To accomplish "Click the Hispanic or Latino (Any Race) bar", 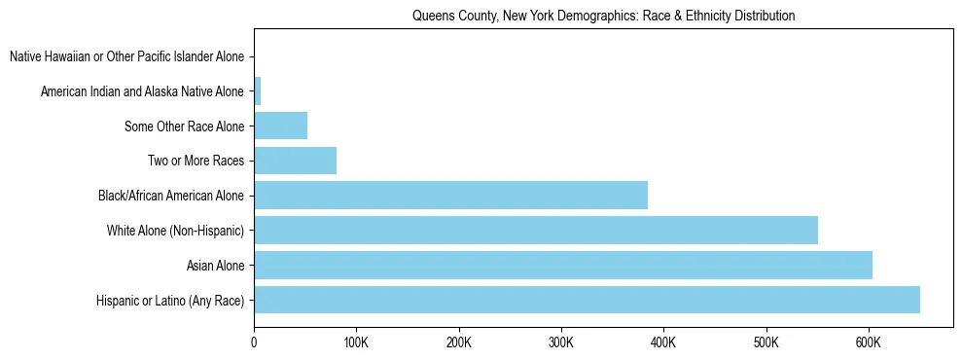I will point(587,300).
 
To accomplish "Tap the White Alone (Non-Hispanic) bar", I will point(536,230).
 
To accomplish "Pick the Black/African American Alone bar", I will point(450,195).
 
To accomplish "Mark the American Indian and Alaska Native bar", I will point(258,91).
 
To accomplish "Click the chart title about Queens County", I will point(603,16).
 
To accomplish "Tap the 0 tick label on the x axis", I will point(254,342).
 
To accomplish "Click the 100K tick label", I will point(356,342).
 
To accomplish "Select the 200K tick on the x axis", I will point(459,342).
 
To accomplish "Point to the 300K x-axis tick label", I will point(561,342).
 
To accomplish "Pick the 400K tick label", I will point(663,342).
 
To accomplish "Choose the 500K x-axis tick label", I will point(766,342).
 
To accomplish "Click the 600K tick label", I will point(869,342).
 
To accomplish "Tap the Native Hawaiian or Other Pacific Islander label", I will point(126,57).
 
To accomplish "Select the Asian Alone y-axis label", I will point(215,266).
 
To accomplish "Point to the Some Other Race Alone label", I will point(185,126).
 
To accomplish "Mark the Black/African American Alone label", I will point(171,196).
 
